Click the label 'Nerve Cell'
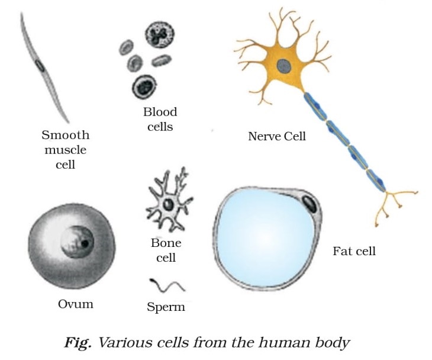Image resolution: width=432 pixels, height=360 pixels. [277, 136]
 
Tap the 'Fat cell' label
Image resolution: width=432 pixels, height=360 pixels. [354, 251]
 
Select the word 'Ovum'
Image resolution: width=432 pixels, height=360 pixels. [76, 304]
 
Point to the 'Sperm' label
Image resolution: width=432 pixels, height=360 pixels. [166, 307]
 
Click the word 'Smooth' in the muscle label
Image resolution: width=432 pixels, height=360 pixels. [65, 134]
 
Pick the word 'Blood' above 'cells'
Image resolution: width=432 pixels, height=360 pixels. [160, 112]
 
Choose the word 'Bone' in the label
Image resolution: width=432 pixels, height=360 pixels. [166, 243]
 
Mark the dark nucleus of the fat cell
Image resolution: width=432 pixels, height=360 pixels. [311, 204]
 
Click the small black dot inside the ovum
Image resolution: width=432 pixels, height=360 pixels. [85, 243]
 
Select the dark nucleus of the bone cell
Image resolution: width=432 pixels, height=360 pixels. [169, 205]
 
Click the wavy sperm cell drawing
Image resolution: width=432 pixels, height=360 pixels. [166, 287]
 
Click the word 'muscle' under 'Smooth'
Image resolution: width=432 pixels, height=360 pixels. [65, 149]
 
